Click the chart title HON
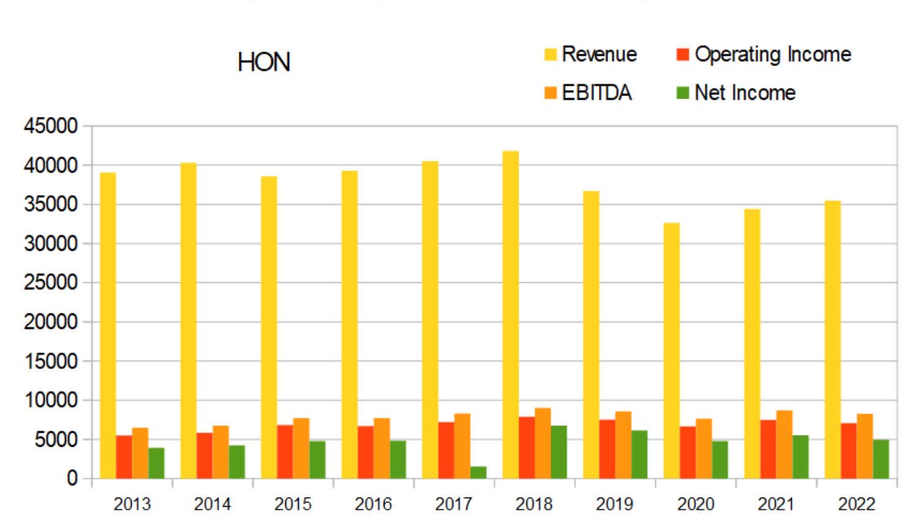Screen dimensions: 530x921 [x=263, y=62]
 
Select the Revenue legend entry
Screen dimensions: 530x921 [x=591, y=54]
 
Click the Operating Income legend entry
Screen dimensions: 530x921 [x=764, y=54]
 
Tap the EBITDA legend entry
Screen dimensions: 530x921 [x=588, y=93]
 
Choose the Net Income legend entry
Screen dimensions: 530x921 [x=736, y=93]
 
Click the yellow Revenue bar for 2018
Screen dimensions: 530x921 [x=511, y=315]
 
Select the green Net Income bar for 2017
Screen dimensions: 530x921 [x=478, y=472]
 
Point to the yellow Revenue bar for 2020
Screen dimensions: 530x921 [x=672, y=350]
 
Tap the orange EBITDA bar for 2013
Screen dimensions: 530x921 [x=140, y=453]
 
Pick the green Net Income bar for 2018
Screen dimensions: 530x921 [x=558, y=452]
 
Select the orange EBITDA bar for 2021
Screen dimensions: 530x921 [x=784, y=444]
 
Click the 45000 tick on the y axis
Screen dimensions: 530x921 [x=51, y=126]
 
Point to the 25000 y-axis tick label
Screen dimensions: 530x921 [x=51, y=283]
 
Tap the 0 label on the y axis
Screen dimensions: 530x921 [x=72, y=479]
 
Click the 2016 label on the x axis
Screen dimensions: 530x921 [x=373, y=504]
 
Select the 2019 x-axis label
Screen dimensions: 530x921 [x=614, y=504]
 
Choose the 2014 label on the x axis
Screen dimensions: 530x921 [x=212, y=504]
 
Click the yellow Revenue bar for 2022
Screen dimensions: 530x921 [x=833, y=340]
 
